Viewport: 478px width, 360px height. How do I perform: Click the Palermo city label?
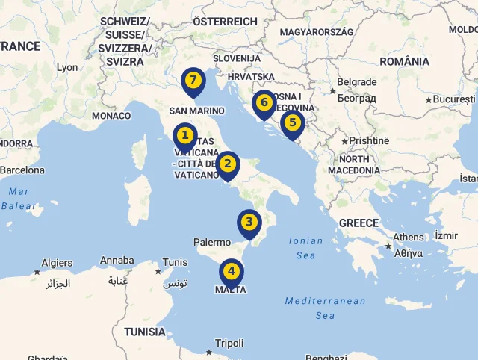click(212, 242)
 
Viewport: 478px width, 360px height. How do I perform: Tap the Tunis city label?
click(176, 262)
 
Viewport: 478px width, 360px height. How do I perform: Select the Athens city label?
click(409, 238)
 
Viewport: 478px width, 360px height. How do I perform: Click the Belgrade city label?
click(356, 82)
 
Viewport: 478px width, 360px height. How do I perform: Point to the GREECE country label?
click(358, 223)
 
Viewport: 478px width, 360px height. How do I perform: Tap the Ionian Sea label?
click(306, 248)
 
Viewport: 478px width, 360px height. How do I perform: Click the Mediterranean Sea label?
click(325, 308)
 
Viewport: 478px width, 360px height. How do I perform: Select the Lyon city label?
click(67, 67)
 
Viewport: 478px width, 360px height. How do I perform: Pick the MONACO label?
click(111, 116)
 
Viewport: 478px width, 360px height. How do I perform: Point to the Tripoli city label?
click(229, 344)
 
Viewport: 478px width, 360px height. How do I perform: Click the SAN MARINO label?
click(197, 111)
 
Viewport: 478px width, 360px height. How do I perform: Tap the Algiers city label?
click(57, 263)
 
